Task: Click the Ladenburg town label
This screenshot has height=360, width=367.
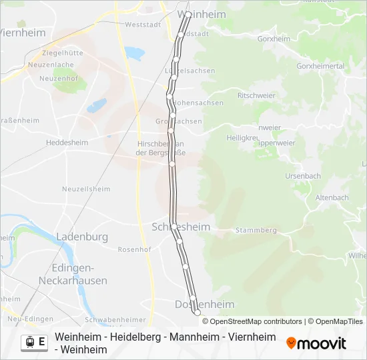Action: pos(82,236)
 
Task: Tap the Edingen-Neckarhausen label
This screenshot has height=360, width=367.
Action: pos(79,274)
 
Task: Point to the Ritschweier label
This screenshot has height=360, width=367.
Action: pos(252,95)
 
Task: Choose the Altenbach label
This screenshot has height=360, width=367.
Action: pos(332,197)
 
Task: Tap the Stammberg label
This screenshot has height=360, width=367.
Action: pos(255,230)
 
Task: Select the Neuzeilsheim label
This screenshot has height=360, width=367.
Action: pos(86,189)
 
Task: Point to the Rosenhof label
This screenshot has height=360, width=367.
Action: pos(134,249)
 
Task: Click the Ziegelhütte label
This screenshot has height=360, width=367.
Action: pos(63,53)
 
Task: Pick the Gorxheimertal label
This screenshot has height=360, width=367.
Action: pos(320,67)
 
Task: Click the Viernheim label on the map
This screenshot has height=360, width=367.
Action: pos(23,33)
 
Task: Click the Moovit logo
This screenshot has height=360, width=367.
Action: pos(316,343)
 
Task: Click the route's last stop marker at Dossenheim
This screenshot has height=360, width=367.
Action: pos(197,312)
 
